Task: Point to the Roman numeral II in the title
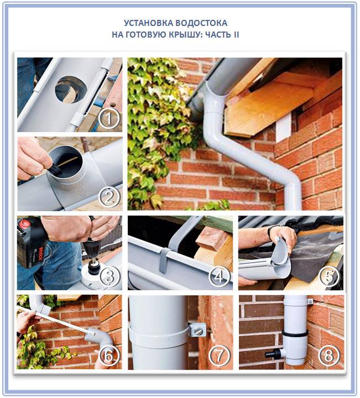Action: click(x=236, y=34)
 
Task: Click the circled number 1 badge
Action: click(x=108, y=118)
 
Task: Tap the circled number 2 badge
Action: click(x=109, y=197)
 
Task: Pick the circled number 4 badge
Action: click(x=220, y=276)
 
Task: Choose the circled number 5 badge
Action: click(x=329, y=276)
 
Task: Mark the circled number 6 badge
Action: click(x=109, y=355)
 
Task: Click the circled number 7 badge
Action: click(x=220, y=355)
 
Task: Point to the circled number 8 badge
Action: click(x=329, y=355)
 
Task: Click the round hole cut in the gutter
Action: click(x=71, y=90)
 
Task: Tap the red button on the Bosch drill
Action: click(x=24, y=224)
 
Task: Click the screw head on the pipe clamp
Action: click(x=198, y=331)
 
